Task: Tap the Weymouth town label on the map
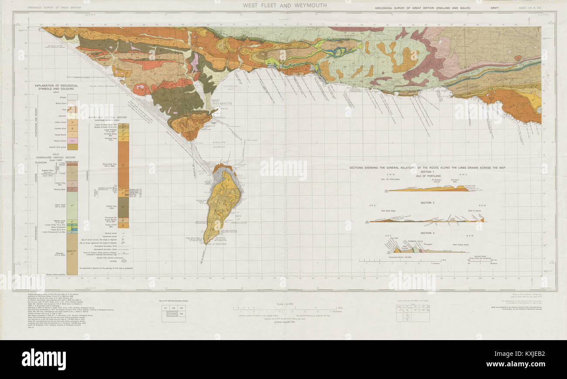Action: point(222,104)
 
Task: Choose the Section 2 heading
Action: point(427,203)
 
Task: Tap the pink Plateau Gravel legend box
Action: point(73,141)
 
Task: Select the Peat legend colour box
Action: point(73,110)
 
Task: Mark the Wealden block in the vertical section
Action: point(73,258)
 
